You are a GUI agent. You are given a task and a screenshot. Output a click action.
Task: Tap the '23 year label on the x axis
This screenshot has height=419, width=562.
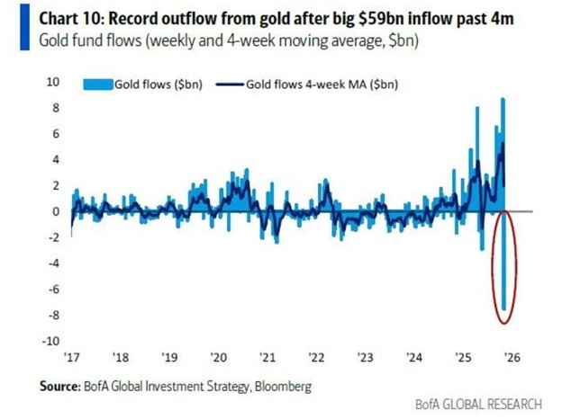tap(364, 357)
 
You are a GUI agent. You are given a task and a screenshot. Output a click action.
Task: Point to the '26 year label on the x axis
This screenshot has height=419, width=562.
tap(510, 357)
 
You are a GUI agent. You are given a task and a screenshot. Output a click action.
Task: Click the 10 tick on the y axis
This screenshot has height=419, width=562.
tap(53, 82)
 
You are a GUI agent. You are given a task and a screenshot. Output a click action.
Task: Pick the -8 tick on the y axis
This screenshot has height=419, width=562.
tap(51, 316)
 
